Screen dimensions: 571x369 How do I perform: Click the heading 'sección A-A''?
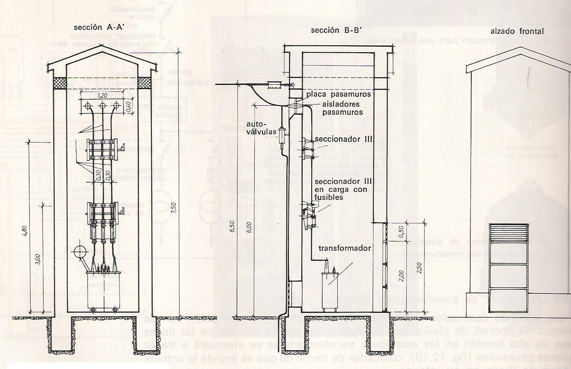93,27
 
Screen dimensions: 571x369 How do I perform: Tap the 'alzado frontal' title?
517,31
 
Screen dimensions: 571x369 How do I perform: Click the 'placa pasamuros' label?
338,94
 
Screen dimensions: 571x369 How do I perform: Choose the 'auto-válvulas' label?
261,128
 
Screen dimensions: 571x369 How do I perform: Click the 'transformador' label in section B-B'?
345,248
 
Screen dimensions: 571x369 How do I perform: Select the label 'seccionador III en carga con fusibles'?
341,189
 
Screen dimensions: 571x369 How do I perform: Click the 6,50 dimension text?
231,226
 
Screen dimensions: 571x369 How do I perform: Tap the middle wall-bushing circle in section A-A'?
102,106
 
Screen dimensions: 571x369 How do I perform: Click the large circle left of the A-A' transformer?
81,252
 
